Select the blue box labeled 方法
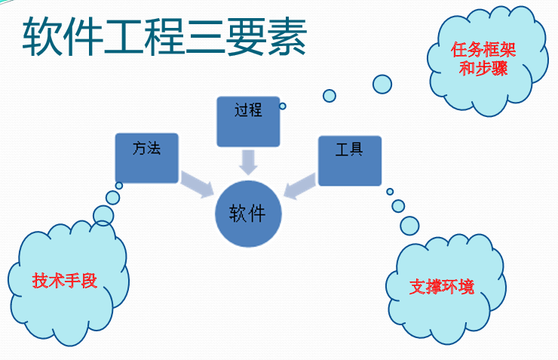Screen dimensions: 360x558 coord(147,158)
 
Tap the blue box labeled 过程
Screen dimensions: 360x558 coord(248,121)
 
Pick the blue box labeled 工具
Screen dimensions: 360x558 coord(349,160)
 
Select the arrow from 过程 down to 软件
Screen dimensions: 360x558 coord(248,161)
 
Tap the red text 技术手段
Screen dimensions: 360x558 coord(65,281)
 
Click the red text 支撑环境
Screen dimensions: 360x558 coord(442,287)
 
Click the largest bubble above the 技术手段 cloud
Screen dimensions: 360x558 coord(103,215)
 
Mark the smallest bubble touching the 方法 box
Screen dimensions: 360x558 coord(119,186)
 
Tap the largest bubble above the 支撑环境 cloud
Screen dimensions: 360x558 coord(409,225)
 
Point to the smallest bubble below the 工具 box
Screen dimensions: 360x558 coord(390,192)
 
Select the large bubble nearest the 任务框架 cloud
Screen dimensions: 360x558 coord(382,84)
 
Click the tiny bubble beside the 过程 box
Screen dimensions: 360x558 coord(283,106)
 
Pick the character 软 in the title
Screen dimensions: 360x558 coord(39,37)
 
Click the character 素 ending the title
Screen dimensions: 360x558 coord(288,37)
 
